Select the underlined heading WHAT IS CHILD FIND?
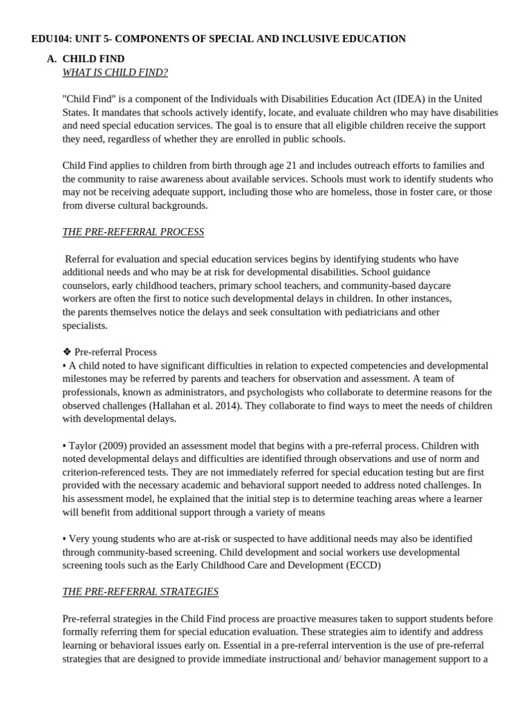[x=115, y=72]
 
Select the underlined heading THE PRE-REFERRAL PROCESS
[x=133, y=232]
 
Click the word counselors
[x=86, y=286]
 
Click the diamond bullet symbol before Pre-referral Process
[x=67, y=352]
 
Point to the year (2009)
[x=114, y=445]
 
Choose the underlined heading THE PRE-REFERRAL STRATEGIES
[x=140, y=591]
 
